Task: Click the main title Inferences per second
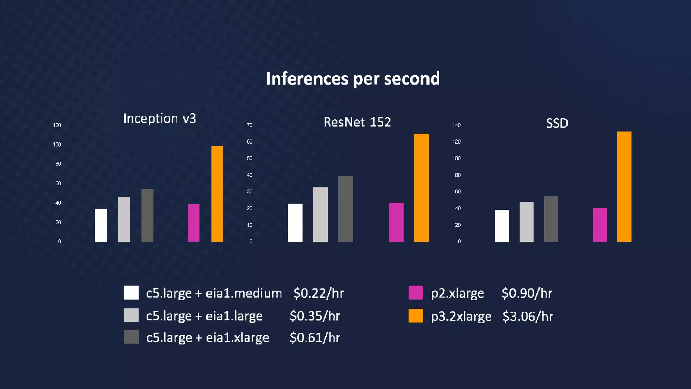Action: pos(353,79)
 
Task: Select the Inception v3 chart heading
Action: pos(159,119)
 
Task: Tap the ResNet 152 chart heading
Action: pos(357,122)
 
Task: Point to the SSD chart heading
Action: pos(557,123)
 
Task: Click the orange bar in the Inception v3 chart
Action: pos(217,194)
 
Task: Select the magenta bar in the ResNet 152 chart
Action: pos(396,222)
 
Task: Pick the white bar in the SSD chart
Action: pos(502,226)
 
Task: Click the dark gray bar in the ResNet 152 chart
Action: pos(345,209)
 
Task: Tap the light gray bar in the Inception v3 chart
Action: pos(124,219)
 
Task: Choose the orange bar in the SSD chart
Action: pos(624,186)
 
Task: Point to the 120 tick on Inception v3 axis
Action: pos(57,125)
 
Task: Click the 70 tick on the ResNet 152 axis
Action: pos(249,125)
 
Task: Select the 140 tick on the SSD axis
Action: pos(456,125)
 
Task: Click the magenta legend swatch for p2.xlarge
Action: pos(415,292)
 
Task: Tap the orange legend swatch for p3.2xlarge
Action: pos(415,316)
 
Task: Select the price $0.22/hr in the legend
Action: pos(318,293)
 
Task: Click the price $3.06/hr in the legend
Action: pos(527,316)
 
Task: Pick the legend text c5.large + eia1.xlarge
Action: pos(208,338)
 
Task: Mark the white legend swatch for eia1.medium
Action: pos(131,292)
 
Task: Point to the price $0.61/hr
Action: pos(314,338)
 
